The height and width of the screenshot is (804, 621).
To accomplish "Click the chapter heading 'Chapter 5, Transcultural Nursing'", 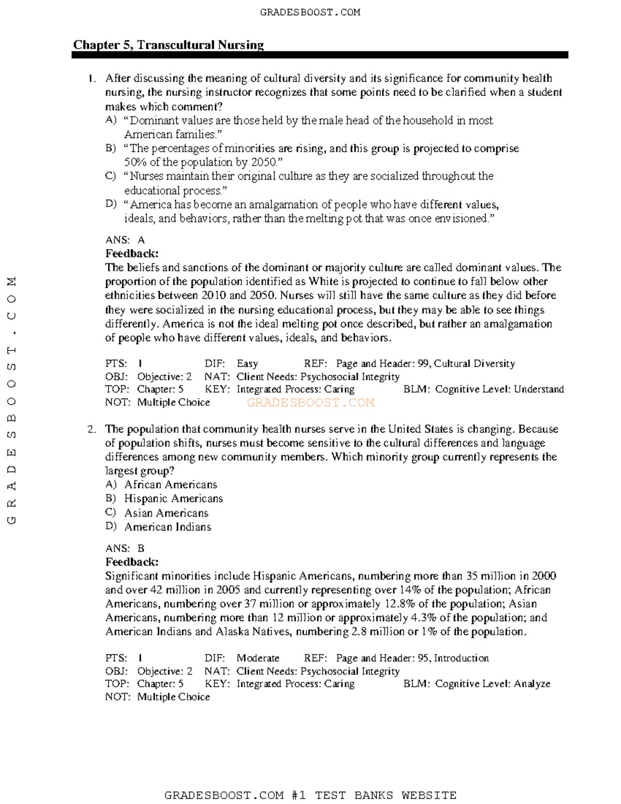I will (x=168, y=45).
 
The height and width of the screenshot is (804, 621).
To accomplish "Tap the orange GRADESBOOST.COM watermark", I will (x=310, y=403).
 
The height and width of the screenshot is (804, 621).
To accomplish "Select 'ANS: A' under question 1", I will (x=125, y=240).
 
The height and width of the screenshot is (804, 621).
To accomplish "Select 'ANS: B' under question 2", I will (x=125, y=548).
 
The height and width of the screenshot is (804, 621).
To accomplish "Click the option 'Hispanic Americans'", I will (x=173, y=499).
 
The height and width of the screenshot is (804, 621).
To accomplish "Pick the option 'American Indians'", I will (x=168, y=527).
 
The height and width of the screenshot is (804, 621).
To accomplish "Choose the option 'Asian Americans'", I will (x=166, y=513).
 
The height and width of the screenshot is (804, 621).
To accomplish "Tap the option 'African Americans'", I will (x=170, y=485).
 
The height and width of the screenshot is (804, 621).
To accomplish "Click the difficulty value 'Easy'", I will (x=247, y=364).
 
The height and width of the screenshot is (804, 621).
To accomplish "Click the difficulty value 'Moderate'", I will (x=258, y=658).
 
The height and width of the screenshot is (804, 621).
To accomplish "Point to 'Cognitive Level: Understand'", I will (x=499, y=389).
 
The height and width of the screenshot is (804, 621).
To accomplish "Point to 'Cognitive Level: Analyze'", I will (x=493, y=684).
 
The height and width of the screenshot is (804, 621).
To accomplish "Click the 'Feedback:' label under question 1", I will (x=132, y=254).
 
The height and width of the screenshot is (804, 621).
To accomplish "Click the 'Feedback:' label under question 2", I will (x=132, y=562).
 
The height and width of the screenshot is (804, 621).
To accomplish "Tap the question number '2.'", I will (x=92, y=429).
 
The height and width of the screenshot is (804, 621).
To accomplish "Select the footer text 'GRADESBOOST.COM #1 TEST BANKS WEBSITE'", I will (x=310, y=795).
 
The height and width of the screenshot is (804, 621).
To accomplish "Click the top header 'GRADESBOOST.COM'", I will (x=310, y=12).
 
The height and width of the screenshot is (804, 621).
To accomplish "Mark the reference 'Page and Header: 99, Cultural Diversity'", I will (x=425, y=364).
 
